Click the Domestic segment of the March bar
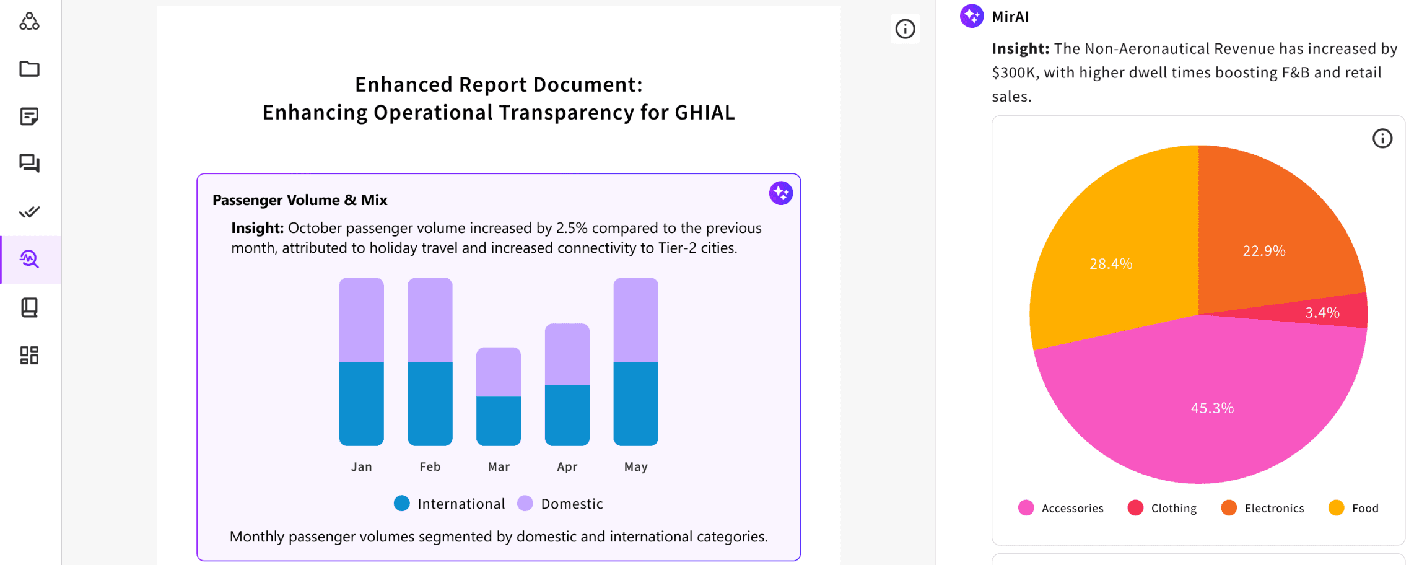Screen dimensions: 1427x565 pos(499,372)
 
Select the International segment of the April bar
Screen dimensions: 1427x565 pos(567,415)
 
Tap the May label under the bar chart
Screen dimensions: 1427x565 pos(635,466)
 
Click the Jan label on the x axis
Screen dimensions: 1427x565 pos(362,466)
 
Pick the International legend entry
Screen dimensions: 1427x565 pos(450,504)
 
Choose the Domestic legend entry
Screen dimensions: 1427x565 pos(560,504)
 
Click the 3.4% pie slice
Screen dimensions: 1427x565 pos(1325,312)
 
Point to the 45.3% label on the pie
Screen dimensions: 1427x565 pos(1212,408)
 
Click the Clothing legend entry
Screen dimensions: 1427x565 pos(1163,508)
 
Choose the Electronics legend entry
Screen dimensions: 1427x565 pos(1263,508)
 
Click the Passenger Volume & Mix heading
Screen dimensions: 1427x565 pos(300,200)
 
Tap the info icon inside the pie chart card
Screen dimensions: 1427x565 pos(1382,138)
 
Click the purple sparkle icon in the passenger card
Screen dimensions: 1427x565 pos(781,193)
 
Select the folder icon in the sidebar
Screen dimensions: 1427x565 pos(29,69)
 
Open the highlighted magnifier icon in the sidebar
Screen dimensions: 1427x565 pos(29,259)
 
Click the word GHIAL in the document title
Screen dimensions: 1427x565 pos(705,113)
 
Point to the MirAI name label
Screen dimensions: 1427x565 pos(1010,17)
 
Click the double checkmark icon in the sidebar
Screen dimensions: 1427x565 pos(29,212)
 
